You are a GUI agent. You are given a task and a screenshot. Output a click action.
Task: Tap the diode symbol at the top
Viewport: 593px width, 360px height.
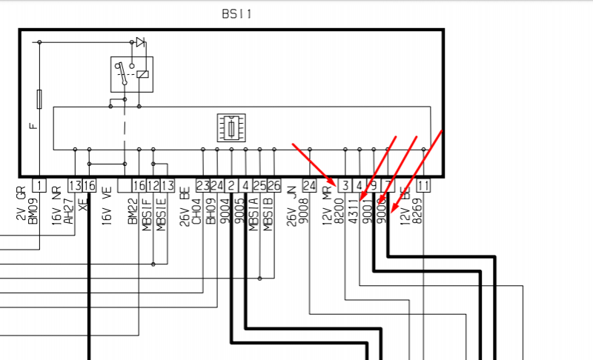139,41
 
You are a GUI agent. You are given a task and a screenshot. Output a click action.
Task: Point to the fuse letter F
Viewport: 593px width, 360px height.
33,125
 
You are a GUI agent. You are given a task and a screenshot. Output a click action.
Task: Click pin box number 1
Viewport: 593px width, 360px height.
39,184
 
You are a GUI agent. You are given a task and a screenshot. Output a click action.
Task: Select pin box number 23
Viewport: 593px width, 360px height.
202,184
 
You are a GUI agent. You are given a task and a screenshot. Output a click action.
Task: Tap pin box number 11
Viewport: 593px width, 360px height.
423,184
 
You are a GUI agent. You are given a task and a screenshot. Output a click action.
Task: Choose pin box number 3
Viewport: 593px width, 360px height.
345,184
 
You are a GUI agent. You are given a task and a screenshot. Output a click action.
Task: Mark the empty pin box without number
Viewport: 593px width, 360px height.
124,184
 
